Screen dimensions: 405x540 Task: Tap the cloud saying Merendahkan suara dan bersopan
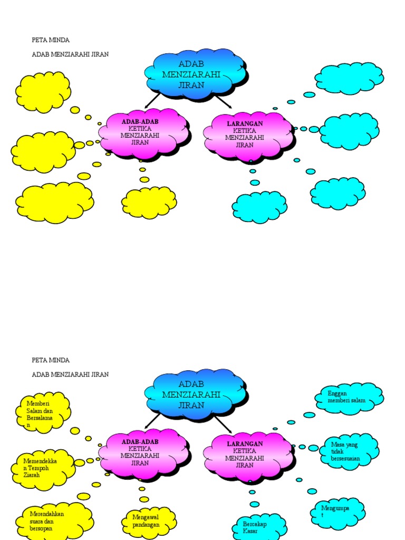pos(54,520)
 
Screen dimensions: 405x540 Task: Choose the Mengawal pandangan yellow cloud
pos(149,522)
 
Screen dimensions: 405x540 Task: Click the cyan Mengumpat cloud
pos(337,513)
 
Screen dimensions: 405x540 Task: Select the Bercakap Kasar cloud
pos(259,527)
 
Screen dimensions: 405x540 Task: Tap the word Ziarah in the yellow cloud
pos(31,475)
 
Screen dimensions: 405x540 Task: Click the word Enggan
pos(337,393)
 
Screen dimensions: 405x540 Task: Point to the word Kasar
pos(250,531)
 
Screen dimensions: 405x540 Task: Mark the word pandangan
pos(146,525)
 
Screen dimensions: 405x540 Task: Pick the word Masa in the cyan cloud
pos(337,445)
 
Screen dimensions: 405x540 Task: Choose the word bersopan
pos(41,528)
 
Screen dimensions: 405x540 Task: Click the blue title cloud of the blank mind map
pos(196,74)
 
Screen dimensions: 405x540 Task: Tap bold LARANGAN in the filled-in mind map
pos(245,443)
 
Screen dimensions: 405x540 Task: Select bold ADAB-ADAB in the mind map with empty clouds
pos(140,122)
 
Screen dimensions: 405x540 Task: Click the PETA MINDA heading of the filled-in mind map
pos(51,360)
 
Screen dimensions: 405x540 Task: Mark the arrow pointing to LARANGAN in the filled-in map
pos(224,423)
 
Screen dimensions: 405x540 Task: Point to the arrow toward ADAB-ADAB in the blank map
pos(152,101)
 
